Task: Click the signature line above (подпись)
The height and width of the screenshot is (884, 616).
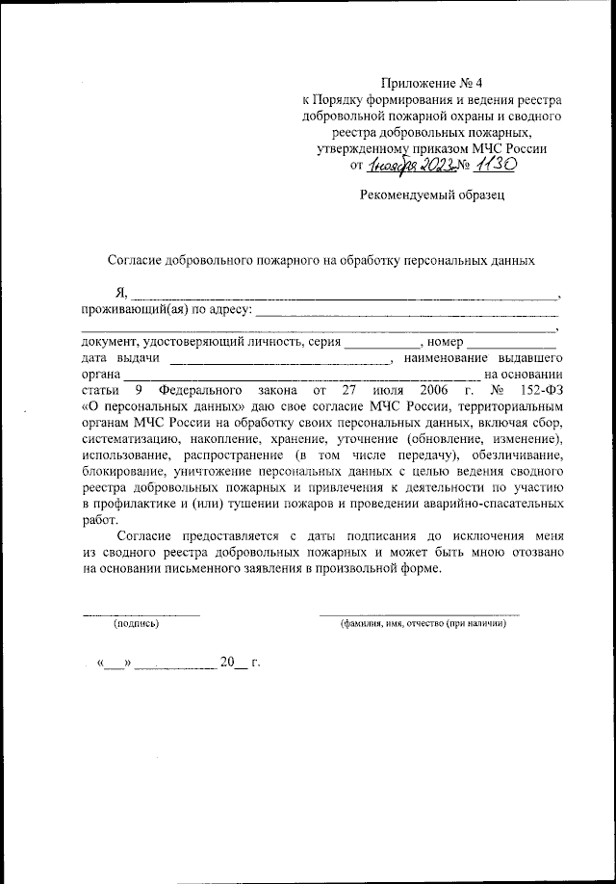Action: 141,614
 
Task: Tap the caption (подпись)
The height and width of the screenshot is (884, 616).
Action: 136,624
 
